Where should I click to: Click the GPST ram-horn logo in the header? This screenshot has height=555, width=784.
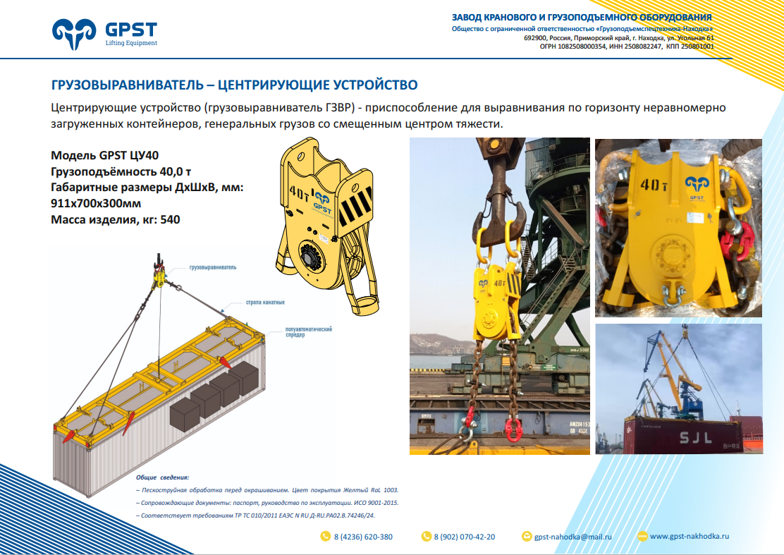pyautogui.click(x=73, y=34)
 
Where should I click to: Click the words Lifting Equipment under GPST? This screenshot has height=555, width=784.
pyautogui.click(x=131, y=43)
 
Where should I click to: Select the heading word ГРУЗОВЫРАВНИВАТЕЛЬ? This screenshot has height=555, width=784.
pyautogui.click(x=128, y=85)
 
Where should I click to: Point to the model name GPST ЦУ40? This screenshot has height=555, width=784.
pyautogui.click(x=129, y=156)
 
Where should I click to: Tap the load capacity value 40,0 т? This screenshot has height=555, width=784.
pyautogui.click(x=176, y=171)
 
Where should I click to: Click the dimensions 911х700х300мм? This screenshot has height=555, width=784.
pyautogui.click(x=96, y=204)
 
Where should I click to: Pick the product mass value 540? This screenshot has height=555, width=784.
pyautogui.click(x=170, y=219)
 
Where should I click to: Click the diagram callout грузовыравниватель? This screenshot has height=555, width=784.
pyautogui.click(x=213, y=267)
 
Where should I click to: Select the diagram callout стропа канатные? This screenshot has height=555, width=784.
pyautogui.click(x=265, y=303)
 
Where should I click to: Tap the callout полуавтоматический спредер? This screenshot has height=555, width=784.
pyautogui.click(x=309, y=332)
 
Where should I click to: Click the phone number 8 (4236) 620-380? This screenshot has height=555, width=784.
pyautogui.click(x=363, y=537)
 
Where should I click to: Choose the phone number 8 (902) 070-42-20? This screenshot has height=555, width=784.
pyautogui.click(x=465, y=537)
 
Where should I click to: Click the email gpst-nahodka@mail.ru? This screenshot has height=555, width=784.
pyautogui.click(x=573, y=537)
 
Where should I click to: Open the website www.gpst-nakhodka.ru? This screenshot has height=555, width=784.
pyautogui.click(x=690, y=537)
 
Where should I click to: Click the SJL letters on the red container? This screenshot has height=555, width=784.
pyautogui.click(x=695, y=438)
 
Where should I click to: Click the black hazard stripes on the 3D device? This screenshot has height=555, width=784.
pyautogui.click(x=355, y=206)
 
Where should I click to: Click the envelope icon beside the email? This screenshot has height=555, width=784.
pyautogui.click(x=527, y=537)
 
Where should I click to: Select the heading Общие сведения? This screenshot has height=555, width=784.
pyautogui.click(x=162, y=477)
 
